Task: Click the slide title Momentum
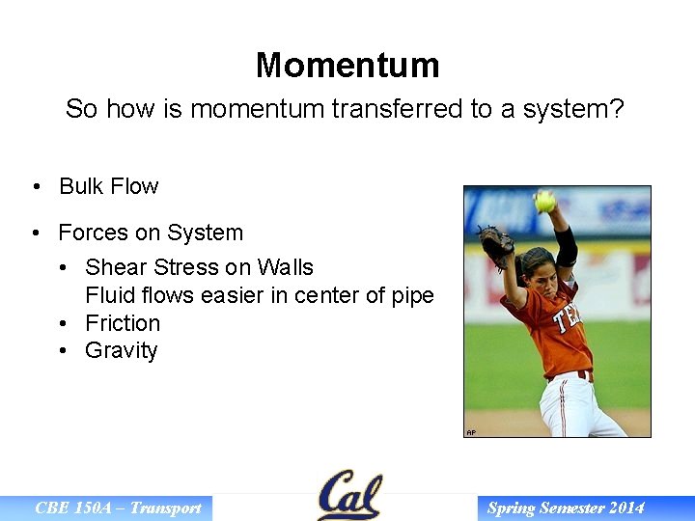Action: (x=347, y=66)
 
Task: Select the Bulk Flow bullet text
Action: (x=108, y=186)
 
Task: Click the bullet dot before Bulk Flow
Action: (x=36, y=187)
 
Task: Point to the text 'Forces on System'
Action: (x=151, y=233)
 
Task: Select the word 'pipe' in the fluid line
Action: (x=411, y=295)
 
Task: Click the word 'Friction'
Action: (x=123, y=323)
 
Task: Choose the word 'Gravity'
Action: (x=121, y=350)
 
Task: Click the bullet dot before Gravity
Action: (x=63, y=351)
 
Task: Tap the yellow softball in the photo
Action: (x=544, y=201)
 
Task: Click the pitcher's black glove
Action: (x=497, y=247)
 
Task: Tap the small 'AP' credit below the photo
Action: (x=471, y=433)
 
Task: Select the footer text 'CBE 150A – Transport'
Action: (x=118, y=508)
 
